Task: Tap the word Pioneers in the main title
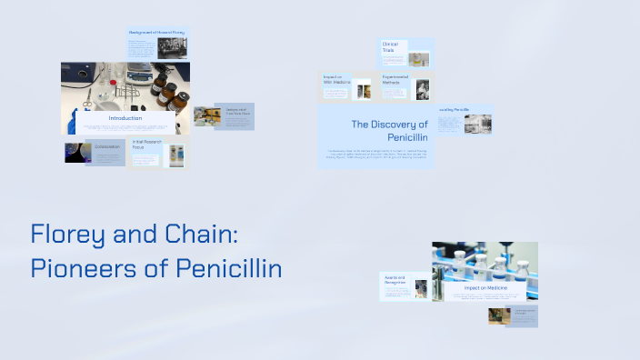pos(79,269)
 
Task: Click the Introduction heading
pos(125,119)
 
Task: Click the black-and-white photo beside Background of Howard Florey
pos(173,48)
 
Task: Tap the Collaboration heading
pos(106,145)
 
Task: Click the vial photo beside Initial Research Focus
pos(175,155)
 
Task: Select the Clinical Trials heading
pos(391,46)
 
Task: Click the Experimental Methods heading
pos(395,81)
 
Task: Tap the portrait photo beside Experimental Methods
pos(422,88)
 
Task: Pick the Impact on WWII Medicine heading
pos(335,81)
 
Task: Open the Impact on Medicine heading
pos(485,288)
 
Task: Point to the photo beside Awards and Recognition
pos(422,288)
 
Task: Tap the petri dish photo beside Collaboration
pos(75,153)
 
